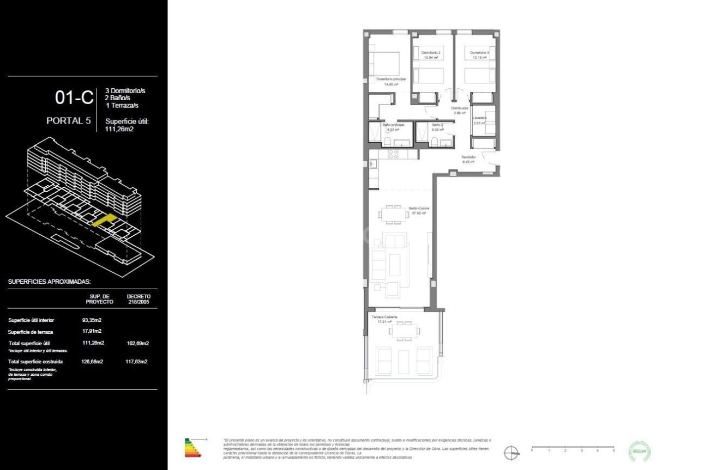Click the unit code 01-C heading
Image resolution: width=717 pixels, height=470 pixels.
click(x=74, y=98)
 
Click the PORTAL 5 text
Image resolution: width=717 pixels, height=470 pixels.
click(x=68, y=121)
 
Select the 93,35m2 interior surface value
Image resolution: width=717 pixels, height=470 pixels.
click(x=92, y=320)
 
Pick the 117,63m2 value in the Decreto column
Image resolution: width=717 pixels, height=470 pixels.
click(x=138, y=361)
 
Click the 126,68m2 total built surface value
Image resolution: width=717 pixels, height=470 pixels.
click(x=92, y=361)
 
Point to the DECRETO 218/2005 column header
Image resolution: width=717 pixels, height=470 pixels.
click(x=138, y=299)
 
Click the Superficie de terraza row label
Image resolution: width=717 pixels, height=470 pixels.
click(x=31, y=332)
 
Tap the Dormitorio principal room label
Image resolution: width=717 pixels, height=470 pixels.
click(x=391, y=80)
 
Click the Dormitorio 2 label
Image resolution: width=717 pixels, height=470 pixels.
click(x=431, y=52)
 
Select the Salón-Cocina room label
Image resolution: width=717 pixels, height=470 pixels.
click(x=419, y=209)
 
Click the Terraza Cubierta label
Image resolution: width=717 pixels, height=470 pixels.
click(x=384, y=317)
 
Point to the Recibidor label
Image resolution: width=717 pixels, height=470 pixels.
click(x=468, y=158)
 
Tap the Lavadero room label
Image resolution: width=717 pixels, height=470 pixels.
click(x=480, y=118)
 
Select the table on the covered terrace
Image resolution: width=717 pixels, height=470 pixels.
click(x=404, y=330)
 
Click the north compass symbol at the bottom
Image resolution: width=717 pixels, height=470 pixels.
click(x=511, y=452)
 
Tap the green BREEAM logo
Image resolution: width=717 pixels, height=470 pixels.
click(x=639, y=451)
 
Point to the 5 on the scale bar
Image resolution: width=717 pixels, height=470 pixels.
click(x=614, y=451)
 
